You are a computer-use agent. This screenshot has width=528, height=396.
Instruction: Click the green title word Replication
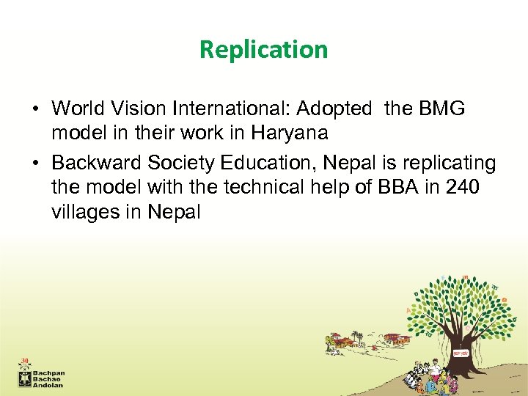(263, 49)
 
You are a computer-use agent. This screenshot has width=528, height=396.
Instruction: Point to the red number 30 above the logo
(25, 361)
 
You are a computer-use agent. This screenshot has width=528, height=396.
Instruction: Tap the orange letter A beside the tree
(408, 311)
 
